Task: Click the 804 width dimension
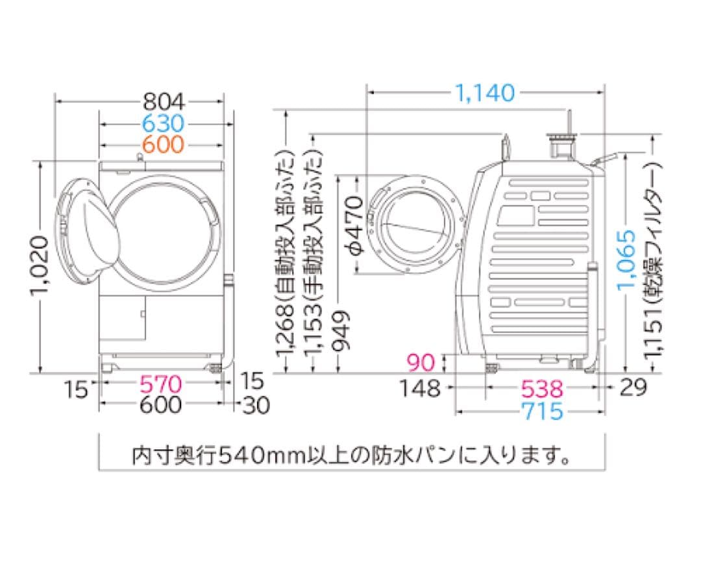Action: coord(164,101)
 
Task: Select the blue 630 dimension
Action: coord(164,123)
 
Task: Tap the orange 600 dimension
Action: coord(164,144)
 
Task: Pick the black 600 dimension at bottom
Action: coord(161,405)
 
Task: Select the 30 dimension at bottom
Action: coord(256,405)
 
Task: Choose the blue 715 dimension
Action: coord(541,411)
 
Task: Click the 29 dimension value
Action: coord(632,388)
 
